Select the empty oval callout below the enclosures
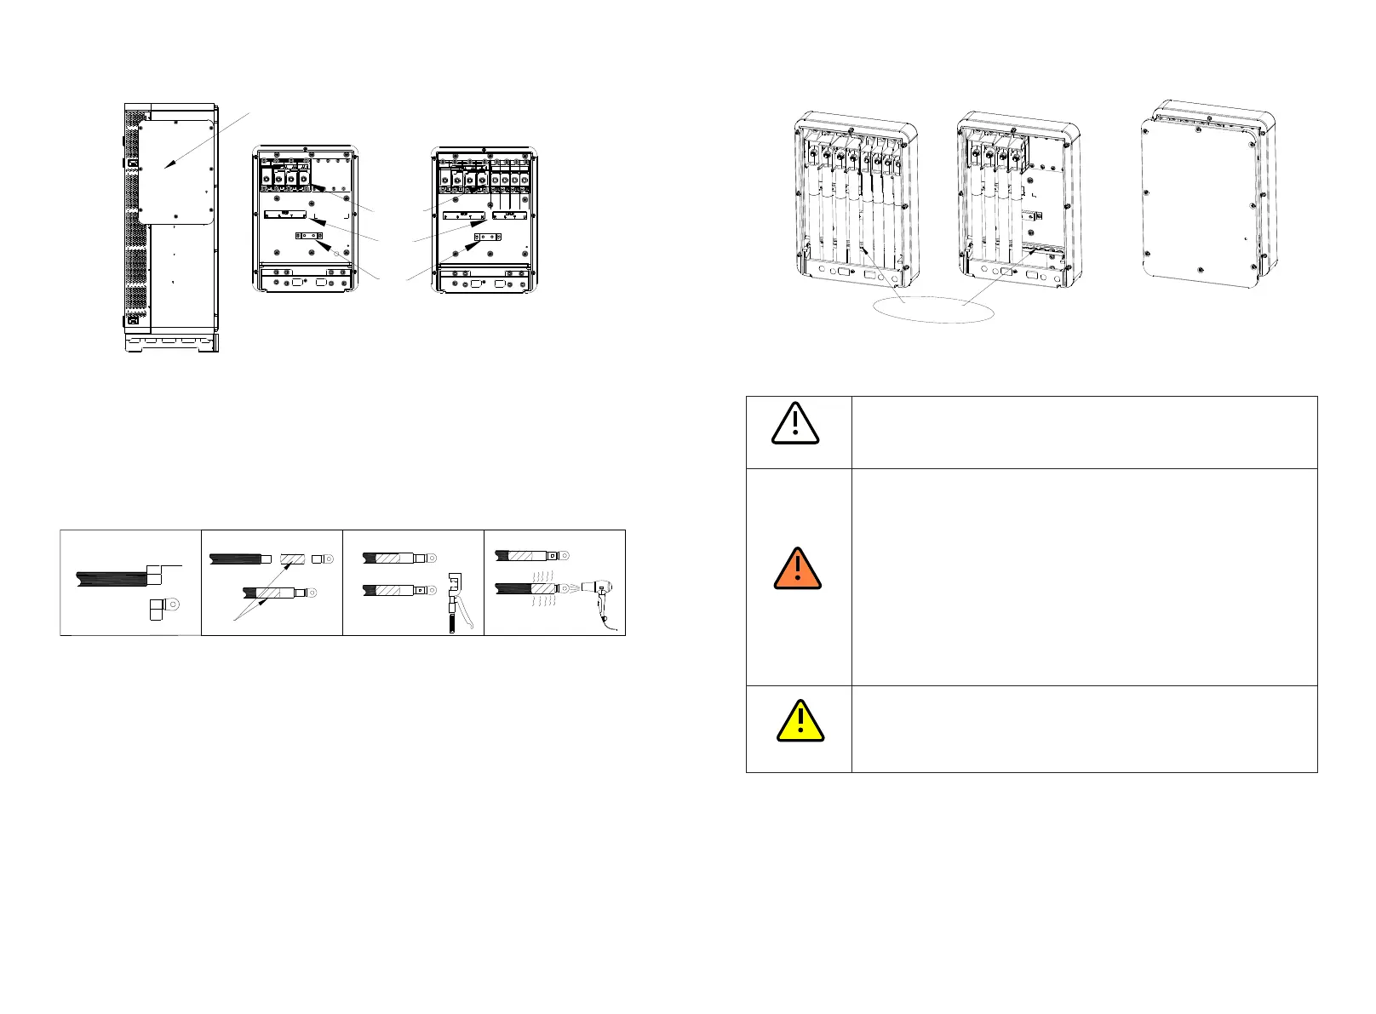[x=934, y=309]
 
